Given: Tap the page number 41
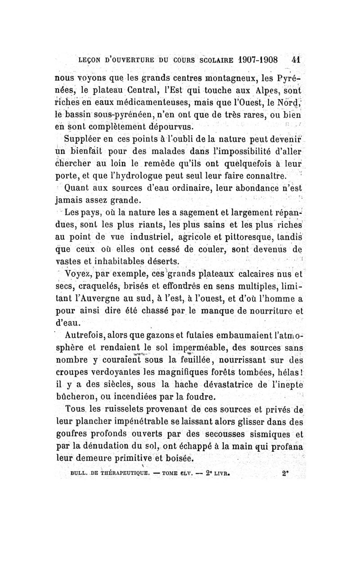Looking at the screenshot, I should click(x=296, y=60).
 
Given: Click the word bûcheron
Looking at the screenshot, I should click(x=77, y=397).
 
